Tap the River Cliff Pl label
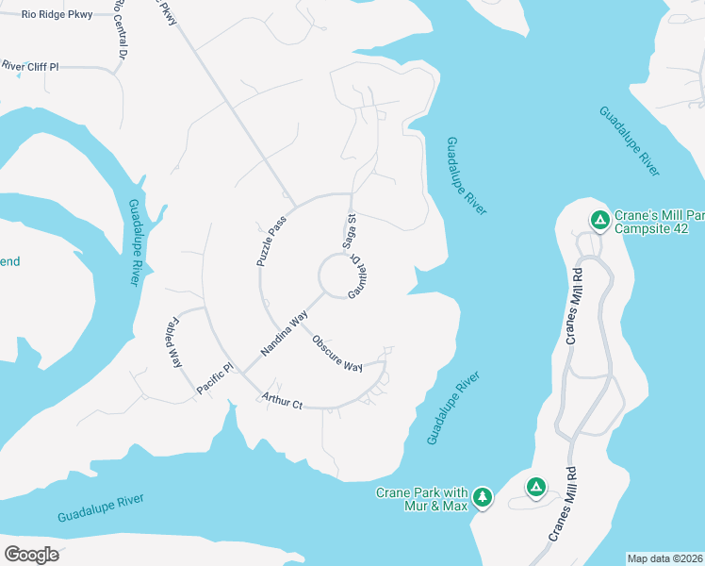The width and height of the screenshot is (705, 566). [29, 67]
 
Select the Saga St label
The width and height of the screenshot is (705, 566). [351, 229]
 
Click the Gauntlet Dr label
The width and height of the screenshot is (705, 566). [357, 276]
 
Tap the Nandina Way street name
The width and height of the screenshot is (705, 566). [286, 335]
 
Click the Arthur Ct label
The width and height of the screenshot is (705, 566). [283, 401]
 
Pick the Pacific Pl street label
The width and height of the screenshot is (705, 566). [214, 378]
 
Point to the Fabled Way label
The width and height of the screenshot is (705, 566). [174, 342]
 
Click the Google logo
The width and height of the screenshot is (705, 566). [31, 554]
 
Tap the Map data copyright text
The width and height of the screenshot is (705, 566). [664, 558]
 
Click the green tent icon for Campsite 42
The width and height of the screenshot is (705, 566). [598, 221]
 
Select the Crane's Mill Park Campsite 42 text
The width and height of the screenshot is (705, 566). [659, 222]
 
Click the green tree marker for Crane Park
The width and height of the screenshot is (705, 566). [483, 497]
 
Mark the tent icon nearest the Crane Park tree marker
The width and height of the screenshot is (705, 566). [534, 488]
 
